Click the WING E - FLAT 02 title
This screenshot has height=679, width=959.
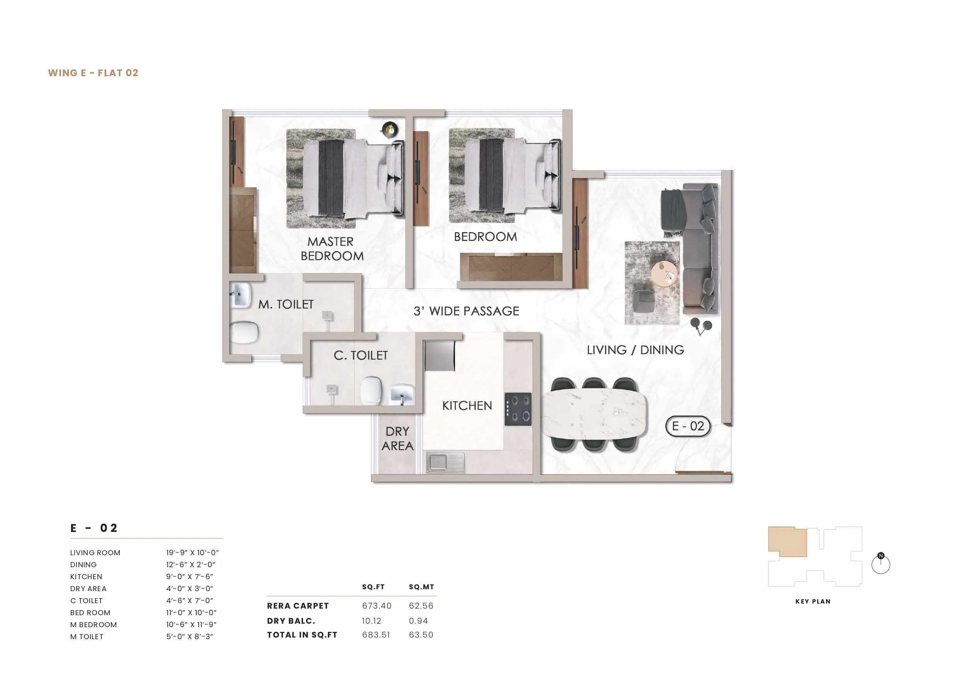coord(93,73)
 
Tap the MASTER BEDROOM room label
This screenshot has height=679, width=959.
coord(332,249)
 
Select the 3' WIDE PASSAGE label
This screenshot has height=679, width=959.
coord(466,311)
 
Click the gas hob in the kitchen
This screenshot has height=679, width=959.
coord(518,409)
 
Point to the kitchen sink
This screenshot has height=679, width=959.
coord(445,463)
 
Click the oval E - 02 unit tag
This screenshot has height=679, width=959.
coord(688,426)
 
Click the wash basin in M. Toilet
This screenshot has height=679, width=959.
coord(240,294)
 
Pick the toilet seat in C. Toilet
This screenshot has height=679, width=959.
coord(371,390)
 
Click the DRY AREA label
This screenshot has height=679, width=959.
coord(397,439)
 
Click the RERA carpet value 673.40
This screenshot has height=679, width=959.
coord(376,606)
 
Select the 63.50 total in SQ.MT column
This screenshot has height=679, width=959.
coord(421,635)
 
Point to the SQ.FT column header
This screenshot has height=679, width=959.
coord(373,587)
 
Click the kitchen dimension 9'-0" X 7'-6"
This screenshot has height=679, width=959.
coord(190,576)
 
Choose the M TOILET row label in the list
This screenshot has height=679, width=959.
coord(87,637)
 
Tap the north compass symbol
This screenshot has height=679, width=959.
coord(881,564)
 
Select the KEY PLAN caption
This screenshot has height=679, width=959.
coord(813,602)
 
